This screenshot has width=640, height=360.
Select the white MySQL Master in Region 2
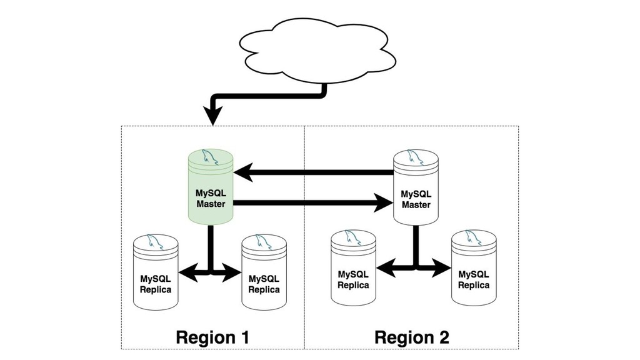coord(415,187)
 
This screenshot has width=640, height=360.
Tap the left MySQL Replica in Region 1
coord(156,272)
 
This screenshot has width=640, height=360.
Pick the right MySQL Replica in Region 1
coord(264,272)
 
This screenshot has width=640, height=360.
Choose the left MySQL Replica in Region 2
coord(353,269)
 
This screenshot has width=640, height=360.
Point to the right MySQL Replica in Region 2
coord(474,269)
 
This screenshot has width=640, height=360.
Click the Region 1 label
coord(212,337)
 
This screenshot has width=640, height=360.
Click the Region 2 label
coord(411,337)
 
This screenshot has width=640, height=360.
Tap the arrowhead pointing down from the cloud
coord(213,116)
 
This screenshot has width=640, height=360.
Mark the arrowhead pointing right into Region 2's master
coord(382,202)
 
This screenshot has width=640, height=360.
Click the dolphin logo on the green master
coord(211,157)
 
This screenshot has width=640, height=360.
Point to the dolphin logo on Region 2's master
coord(415,157)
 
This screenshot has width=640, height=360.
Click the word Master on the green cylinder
coord(211,204)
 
